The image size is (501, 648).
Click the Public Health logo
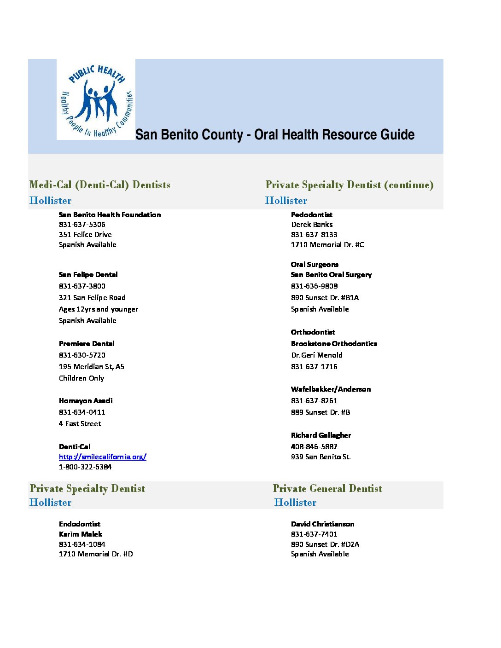click(x=96, y=99)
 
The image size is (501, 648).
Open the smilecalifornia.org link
click(x=102, y=457)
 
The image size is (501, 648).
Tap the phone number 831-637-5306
click(x=82, y=225)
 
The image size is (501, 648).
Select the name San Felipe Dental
click(x=88, y=275)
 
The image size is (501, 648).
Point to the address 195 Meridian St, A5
click(x=91, y=367)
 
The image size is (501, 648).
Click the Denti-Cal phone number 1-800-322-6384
click(x=85, y=467)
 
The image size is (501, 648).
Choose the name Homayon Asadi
click(x=86, y=401)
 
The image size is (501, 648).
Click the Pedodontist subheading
click(x=311, y=215)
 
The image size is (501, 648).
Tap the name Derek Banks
click(x=312, y=225)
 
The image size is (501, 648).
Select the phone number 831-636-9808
click(x=314, y=286)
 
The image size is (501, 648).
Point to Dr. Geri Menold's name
click(x=317, y=355)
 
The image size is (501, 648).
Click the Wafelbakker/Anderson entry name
click(x=331, y=389)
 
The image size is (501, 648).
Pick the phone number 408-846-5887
click(x=314, y=447)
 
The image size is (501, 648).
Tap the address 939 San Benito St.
click(x=320, y=457)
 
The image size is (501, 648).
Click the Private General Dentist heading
click(x=327, y=489)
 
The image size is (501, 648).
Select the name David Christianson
click(x=322, y=524)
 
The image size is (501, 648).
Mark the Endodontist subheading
click(x=79, y=524)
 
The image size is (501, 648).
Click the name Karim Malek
click(x=80, y=534)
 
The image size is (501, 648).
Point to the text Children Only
click(x=82, y=378)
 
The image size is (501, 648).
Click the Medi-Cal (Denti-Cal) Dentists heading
click(x=99, y=185)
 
